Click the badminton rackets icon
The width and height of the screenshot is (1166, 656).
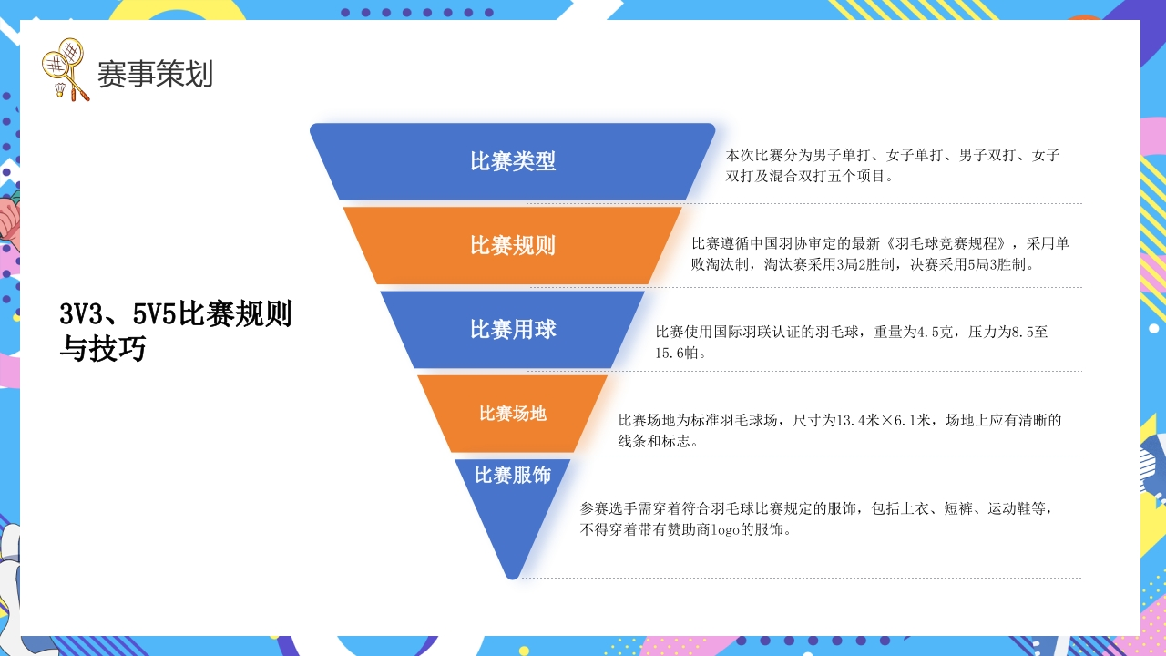[x=66, y=69]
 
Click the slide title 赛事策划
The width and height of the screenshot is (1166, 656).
[x=155, y=74]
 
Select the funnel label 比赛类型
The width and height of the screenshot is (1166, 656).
[x=513, y=161]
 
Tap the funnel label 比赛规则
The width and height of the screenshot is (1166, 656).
[x=513, y=245]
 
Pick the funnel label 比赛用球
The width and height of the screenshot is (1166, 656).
[x=513, y=329]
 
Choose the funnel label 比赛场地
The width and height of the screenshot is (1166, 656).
[x=513, y=414]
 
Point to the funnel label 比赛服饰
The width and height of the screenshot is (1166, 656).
[x=513, y=475]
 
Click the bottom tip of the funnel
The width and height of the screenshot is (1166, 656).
[x=513, y=579]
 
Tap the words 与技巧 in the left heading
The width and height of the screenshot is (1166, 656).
[x=103, y=348]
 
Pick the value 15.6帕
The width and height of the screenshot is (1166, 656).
[x=677, y=353]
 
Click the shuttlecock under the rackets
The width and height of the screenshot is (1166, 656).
[x=60, y=89]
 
